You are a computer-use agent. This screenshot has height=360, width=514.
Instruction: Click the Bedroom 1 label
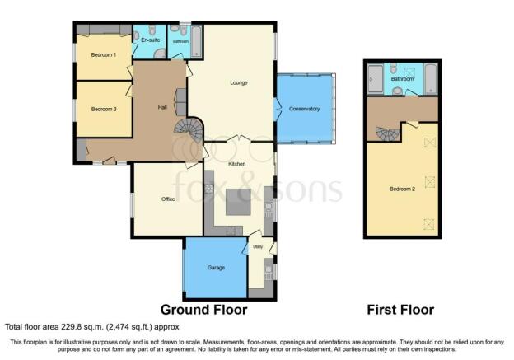tap(104, 54)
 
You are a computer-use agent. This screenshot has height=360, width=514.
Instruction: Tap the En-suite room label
tap(151, 40)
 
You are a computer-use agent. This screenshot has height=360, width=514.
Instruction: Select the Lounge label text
tap(239, 82)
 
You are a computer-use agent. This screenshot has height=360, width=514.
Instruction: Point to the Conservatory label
tap(304, 109)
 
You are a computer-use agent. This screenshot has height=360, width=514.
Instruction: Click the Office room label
tap(168, 199)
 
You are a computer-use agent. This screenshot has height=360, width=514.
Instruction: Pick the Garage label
tap(216, 268)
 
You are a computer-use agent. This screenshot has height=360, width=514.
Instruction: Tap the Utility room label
tap(258, 247)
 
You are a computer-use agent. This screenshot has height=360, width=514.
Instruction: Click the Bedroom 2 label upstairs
tap(402, 189)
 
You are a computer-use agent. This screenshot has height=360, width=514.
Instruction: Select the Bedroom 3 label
tap(104, 109)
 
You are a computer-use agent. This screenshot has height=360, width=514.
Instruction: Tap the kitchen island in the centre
tap(238, 202)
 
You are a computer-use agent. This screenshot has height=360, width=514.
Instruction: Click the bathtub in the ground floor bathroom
tap(196, 41)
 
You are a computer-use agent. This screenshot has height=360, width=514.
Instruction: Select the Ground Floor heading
tap(204, 310)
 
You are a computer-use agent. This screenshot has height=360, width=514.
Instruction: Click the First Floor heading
tap(400, 310)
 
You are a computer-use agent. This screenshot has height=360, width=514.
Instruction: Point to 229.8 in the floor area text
tap(70, 327)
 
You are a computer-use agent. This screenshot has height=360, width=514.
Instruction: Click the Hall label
tap(162, 107)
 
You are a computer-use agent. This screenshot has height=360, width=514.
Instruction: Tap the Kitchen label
tap(237, 164)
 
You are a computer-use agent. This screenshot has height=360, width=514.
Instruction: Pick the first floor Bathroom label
tap(402, 79)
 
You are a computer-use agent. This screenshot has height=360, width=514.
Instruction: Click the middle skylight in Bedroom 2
tap(430, 182)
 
